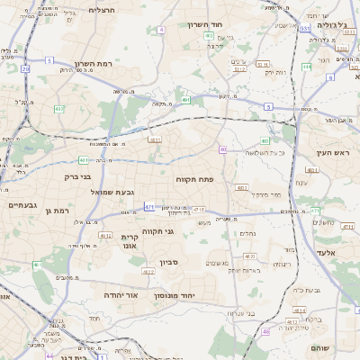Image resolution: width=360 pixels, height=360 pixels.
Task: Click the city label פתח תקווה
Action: click(x=201, y=180)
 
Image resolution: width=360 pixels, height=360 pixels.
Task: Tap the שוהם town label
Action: click(x=319, y=348)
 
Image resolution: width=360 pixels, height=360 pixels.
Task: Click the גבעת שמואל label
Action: click(x=113, y=193)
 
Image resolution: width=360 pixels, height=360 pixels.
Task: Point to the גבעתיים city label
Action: click(x=22, y=205)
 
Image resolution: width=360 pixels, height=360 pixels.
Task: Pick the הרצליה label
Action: click(x=102, y=9)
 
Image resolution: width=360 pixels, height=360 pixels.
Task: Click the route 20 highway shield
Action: click(x=25, y=68)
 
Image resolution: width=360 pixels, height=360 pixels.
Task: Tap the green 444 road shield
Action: click(x=307, y=66)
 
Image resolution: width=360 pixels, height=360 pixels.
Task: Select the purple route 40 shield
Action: click(x=222, y=149)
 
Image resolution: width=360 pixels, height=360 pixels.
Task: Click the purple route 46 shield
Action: click(x=265, y=331)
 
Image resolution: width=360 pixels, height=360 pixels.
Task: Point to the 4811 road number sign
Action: click(x=155, y=140)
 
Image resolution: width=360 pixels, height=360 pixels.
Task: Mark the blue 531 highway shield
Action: click(x=304, y=28)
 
